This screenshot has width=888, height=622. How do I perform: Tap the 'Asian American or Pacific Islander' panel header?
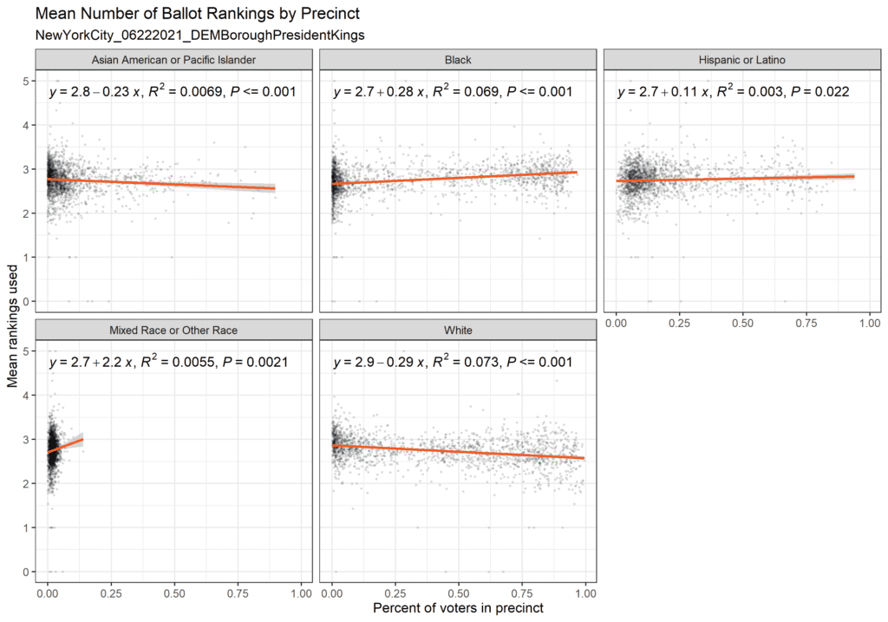pos(173,60)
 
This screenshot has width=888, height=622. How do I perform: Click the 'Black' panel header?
pos(457,60)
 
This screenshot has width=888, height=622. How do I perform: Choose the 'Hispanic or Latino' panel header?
pos(741,60)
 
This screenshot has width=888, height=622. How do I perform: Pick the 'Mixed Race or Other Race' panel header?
pos(173,331)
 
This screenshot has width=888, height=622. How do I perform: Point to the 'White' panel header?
pos(457,331)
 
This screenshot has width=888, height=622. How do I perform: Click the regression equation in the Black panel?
pos(452,91)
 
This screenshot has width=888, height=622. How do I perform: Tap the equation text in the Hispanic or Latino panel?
pos(732,91)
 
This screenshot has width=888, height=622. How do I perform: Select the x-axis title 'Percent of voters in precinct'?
pos(458,608)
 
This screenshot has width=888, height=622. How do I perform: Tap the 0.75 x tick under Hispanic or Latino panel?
pos(806,322)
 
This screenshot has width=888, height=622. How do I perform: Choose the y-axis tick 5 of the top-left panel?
pos(28,81)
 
